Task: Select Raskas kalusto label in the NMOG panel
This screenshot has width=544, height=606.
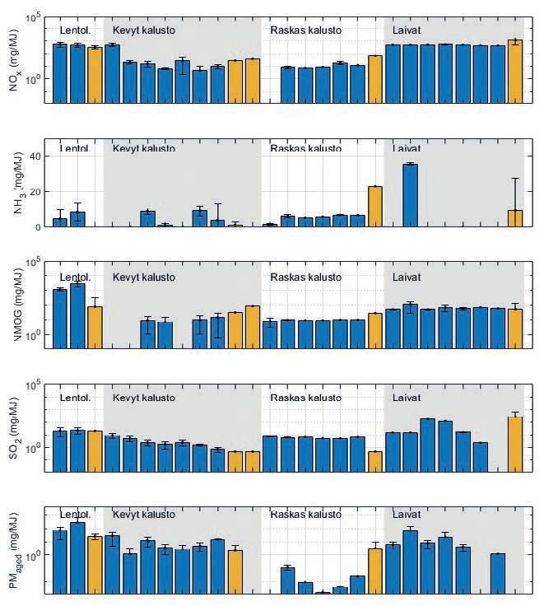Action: (305, 275)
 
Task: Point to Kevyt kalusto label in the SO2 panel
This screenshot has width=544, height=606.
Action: (143, 399)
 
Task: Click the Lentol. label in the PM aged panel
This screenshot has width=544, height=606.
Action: (75, 515)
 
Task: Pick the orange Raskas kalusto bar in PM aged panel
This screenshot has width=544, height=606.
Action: (375, 570)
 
